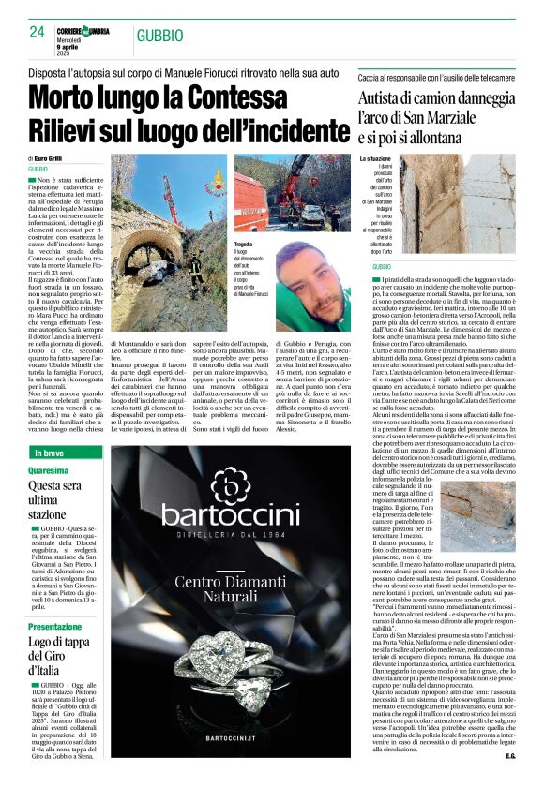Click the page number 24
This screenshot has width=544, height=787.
(37, 31)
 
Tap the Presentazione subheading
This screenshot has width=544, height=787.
(54, 626)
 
